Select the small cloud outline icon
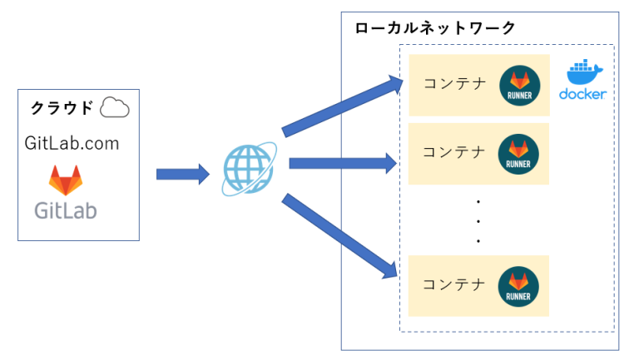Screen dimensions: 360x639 tap(114, 107)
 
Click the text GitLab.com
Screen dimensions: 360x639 tap(72, 143)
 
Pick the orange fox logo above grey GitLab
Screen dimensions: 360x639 tap(66, 180)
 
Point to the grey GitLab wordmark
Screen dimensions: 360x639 tap(66, 210)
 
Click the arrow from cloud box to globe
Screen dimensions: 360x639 tap(182, 174)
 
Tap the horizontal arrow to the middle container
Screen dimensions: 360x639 tap(342, 163)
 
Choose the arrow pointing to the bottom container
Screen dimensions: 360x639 tap(339, 235)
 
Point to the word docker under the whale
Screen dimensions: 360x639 tap(582, 94)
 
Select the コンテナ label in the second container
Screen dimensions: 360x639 tap(454, 151)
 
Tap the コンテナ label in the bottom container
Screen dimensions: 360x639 tap(454, 284)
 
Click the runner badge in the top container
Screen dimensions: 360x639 tap(519, 86)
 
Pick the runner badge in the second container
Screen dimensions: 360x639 tap(519, 154)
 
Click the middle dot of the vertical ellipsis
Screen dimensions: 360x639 tap(478, 220)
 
